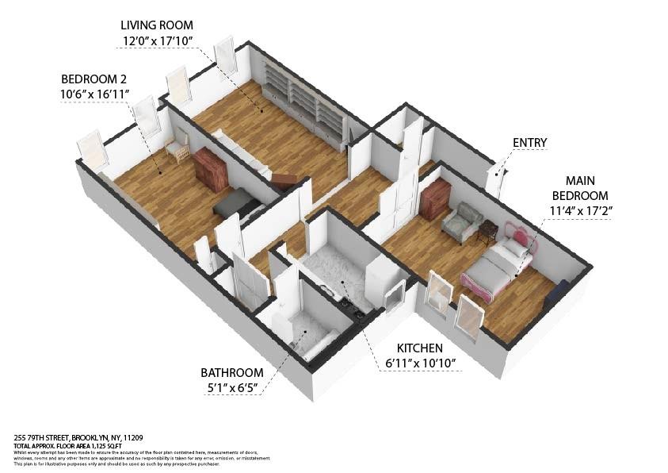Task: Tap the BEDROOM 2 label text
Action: click(94, 79)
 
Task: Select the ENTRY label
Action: click(529, 143)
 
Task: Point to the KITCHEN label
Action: click(420, 348)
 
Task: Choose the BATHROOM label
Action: click(231, 372)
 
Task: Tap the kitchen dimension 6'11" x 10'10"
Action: click(420, 363)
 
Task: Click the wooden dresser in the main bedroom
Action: click(435, 198)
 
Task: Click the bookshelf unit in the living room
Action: click(305, 103)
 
